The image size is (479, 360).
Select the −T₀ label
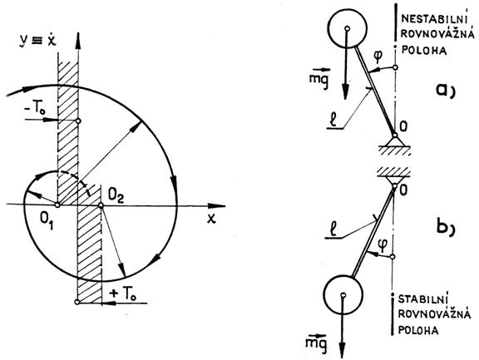click(x=36, y=109)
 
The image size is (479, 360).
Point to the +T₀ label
click(x=123, y=293)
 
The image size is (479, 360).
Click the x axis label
click(x=210, y=219)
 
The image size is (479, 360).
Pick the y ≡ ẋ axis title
click(x=37, y=40)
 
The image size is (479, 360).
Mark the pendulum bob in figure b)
click(x=343, y=294)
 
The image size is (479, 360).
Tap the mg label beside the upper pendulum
click(x=319, y=78)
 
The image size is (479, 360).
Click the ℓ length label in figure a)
click(x=334, y=120)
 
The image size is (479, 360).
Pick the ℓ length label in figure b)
click(x=333, y=229)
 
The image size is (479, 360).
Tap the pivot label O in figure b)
click(x=403, y=190)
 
